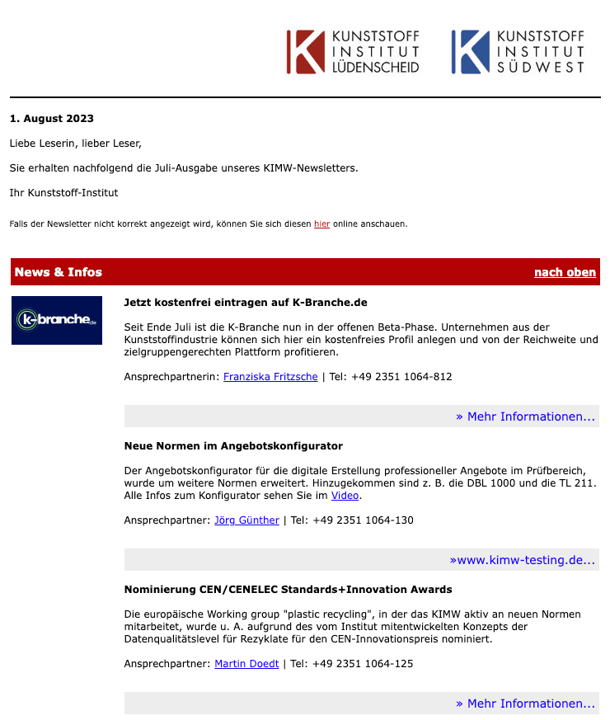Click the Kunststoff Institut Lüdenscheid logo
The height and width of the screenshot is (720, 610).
pyautogui.click(x=353, y=52)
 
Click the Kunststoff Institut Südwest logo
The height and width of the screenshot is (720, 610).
pyautogui.click(x=518, y=52)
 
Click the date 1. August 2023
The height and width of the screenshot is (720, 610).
pyautogui.click(x=52, y=119)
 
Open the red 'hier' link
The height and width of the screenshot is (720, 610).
pyautogui.click(x=321, y=224)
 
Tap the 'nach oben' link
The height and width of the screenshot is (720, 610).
pyautogui.click(x=565, y=272)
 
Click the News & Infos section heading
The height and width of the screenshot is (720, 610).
pyautogui.click(x=59, y=272)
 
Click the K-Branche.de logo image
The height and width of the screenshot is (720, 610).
pyautogui.click(x=57, y=320)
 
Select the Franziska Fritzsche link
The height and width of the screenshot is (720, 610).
pyautogui.click(x=270, y=377)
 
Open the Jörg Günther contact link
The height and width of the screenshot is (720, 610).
pyautogui.click(x=246, y=520)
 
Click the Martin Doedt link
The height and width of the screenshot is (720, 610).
pyautogui.click(x=246, y=664)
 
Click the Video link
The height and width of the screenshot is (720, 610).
pyautogui.click(x=345, y=496)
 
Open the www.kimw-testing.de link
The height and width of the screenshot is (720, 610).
pyautogui.click(x=522, y=560)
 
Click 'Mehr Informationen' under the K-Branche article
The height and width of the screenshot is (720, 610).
pyautogui.click(x=525, y=416)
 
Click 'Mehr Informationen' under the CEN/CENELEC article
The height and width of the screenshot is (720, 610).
pyautogui.click(x=525, y=704)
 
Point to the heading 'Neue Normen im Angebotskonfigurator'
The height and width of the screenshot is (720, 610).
pyautogui.click(x=233, y=446)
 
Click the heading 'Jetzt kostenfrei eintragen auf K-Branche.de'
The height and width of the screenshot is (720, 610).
pyautogui.click(x=246, y=303)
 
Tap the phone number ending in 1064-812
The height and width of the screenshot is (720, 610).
pyautogui.click(x=401, y=377)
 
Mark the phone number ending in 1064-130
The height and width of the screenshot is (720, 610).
pyautogui.click(x=363, y=520)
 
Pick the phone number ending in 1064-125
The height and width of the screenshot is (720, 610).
pyautogui.click(x=363, y=664)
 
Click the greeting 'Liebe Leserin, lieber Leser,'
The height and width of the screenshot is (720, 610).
pyautogui.click(x=76, y=144)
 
